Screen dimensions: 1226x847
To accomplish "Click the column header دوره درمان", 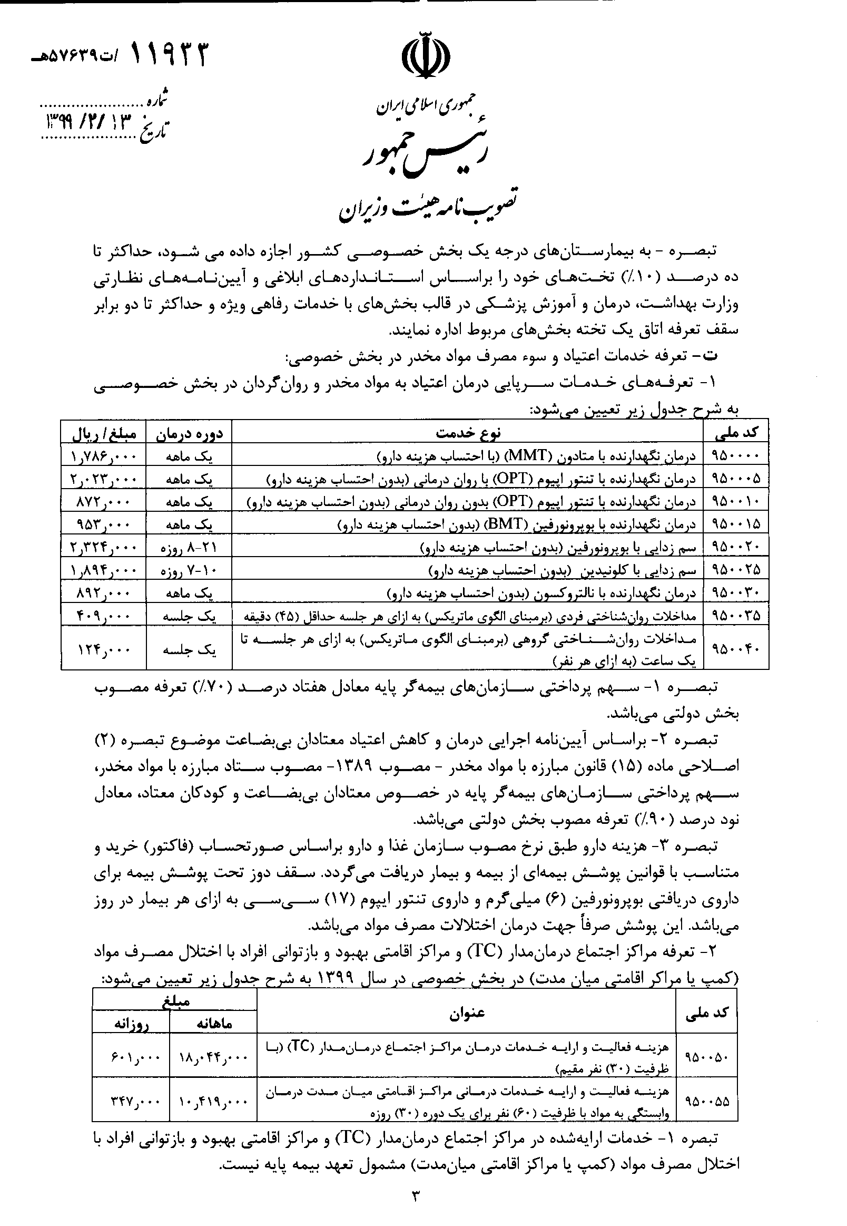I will pos(189,433).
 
